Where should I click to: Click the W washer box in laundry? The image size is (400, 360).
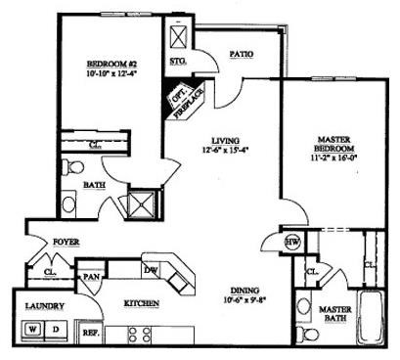pos(34,329)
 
